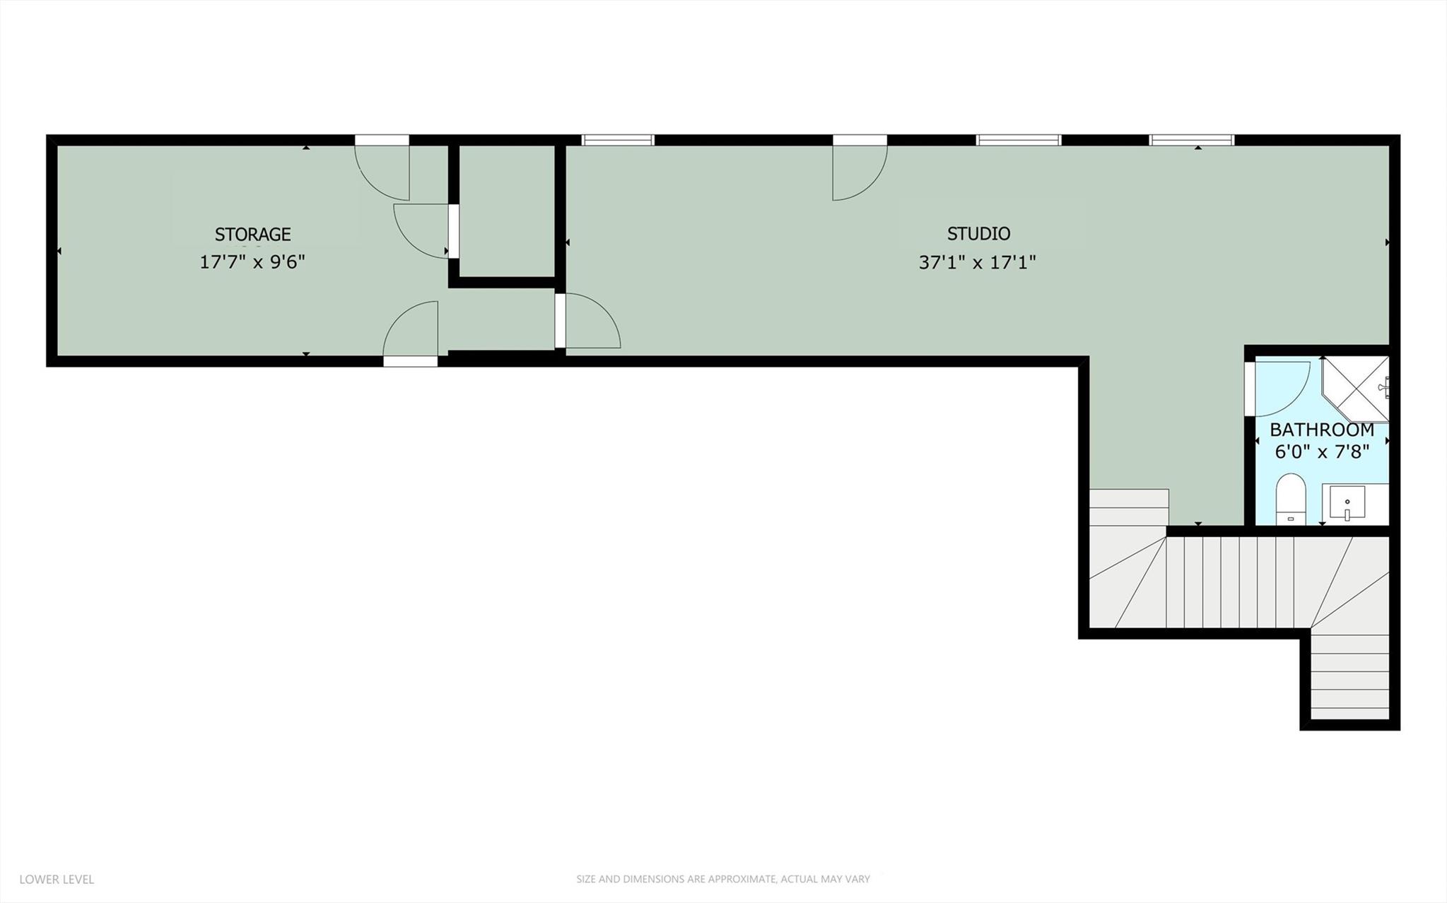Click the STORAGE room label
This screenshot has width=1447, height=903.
point(252,234)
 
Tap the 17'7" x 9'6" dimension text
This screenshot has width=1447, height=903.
point(252,262)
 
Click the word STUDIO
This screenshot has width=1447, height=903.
point(978,233)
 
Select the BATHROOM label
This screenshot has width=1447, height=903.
point(1321,430)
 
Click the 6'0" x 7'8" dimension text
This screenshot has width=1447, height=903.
point(1321,451)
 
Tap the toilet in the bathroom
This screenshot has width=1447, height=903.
point(1291,499)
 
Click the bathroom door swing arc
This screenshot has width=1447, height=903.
point(1279,389)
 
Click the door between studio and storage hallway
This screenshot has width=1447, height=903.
point(588,322)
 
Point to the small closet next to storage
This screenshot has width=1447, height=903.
point(507,211)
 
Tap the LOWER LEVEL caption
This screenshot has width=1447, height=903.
point(57,880)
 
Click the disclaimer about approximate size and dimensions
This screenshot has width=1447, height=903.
point(722,880)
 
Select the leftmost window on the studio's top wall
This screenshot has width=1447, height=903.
point(618,140)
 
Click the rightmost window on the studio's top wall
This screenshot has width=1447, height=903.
point(1192,140)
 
